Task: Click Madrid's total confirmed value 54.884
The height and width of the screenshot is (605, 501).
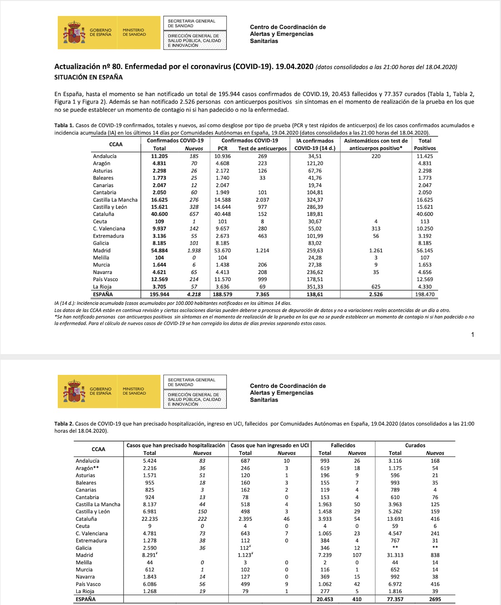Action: click(x=159, y=251)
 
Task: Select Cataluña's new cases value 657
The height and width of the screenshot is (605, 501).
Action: click(x=194, y=214)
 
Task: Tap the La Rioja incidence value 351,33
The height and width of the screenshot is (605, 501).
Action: click(x=315, y=287)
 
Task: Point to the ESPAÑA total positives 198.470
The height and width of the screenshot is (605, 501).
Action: click(x=425, y=294)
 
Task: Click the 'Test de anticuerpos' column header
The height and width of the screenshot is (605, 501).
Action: click(x=262, y=148)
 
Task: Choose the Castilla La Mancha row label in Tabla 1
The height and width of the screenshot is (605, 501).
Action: click(x=115, y=200)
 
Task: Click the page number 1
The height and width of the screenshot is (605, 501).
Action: click(x=473, y=334)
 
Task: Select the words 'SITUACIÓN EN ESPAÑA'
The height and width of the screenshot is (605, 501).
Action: click(x=89, y=77)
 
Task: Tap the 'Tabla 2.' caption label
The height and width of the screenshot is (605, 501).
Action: click(x=64, y=424)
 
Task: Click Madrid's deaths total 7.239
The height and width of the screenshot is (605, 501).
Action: click(x=325, y=555)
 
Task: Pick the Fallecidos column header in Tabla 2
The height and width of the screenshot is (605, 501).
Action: click(x=343, y=446)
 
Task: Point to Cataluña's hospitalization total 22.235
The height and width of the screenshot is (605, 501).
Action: click(x=149, y=519)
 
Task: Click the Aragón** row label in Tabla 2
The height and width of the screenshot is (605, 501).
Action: click(x=87, y=468)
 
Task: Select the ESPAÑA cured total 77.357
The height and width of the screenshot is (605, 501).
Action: click(x=395, y=599)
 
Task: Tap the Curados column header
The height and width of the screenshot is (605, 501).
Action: click(x=415, y=446)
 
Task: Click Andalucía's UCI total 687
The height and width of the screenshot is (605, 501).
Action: click(x=245, y=461)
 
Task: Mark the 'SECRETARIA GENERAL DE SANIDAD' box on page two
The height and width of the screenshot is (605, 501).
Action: click(x=195, y=382)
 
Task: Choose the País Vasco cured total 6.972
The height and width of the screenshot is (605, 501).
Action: click(x=395, y=584)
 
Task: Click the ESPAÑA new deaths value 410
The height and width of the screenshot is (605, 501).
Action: click(x=357, y=599)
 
